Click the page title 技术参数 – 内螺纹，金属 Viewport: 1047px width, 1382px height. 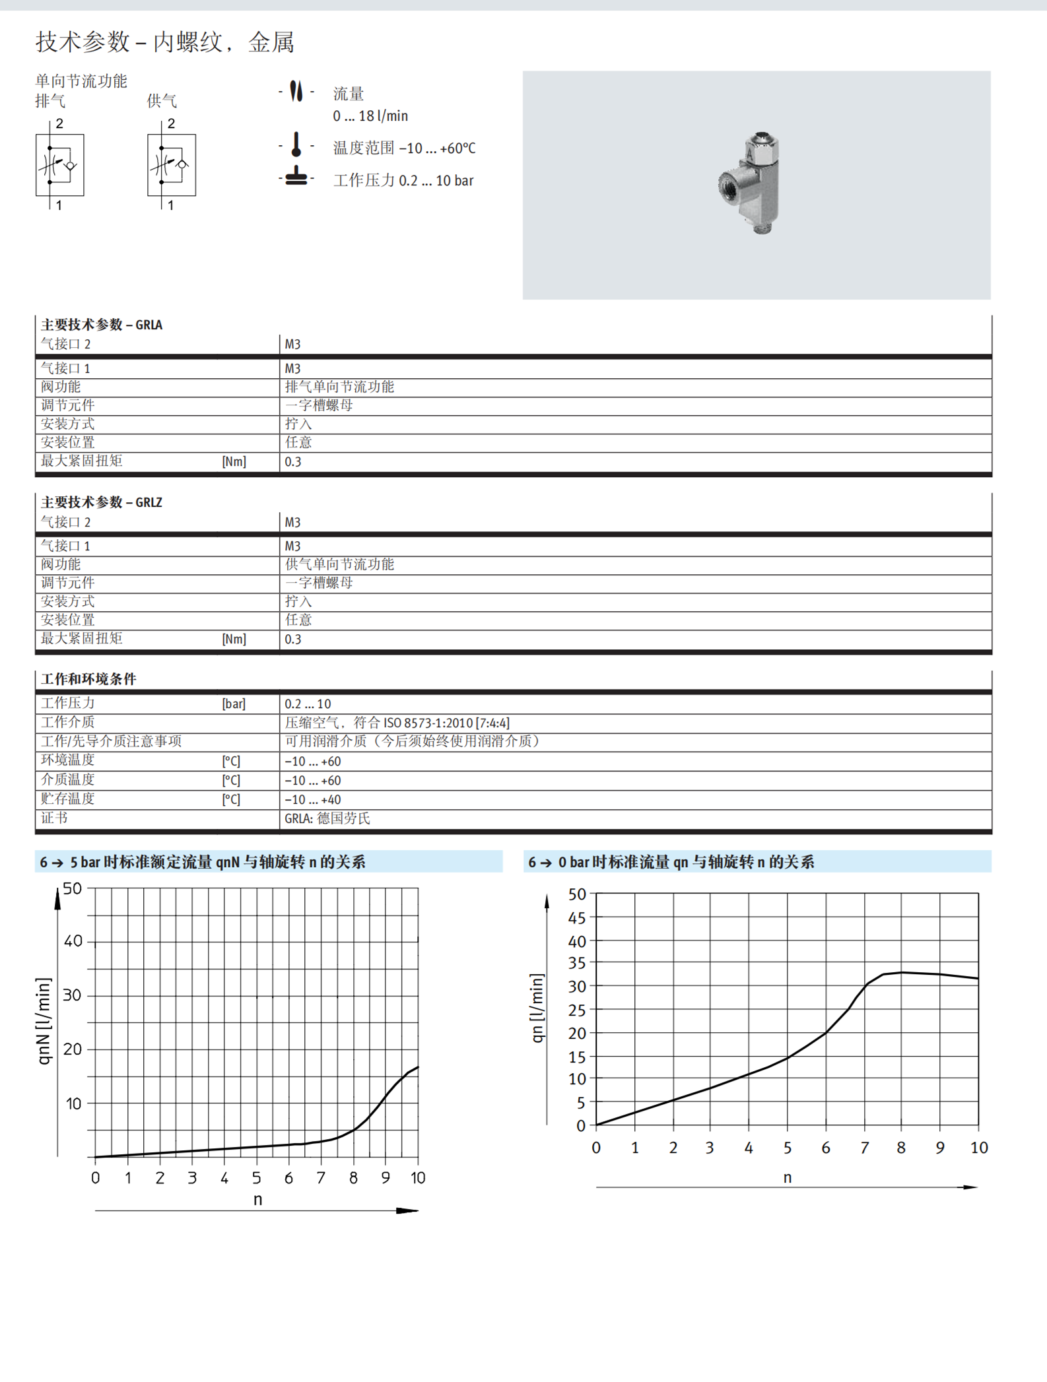pyautogui.click(x=165, y=42)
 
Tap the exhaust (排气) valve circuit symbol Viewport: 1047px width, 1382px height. pyautogui.click(x=59, y=165)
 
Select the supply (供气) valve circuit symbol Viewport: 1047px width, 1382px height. pyautogui.click(x=172, y=165)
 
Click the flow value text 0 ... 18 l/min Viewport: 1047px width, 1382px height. pyautogui.click(x=370, y=116)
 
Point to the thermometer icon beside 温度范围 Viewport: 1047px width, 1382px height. pyautogui.click(x=296, y=145)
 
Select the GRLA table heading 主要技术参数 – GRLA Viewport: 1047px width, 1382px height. pyautogui.click(x=102, y=325)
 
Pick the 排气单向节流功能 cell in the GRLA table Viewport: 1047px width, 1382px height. pyautogui.click(x=339, y=387)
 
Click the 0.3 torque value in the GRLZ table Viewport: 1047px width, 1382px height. pyautogui.click(x=292, y=640)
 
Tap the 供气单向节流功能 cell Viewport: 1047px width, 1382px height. pyautogui.click(x=339, y=564)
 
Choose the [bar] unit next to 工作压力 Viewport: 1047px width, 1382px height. pyautogui.click(x=234, y=704)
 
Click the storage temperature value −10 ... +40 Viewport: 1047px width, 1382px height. pyautogui.click(x=313, y=800)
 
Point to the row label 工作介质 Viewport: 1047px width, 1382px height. pyautogui.click(x=67, y=723)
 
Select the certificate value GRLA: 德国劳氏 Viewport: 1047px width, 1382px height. pyautogui.click(x=327, y=819)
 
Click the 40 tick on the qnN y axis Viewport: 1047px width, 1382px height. pyautogui.click(x=73, y=941)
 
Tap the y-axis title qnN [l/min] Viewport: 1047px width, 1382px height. pyautogui.click(x=44, y=1022)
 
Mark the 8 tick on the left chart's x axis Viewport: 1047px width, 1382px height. pyautogui.click(x=353, y=1178)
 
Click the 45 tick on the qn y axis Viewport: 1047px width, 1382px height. pyautogui.click(x=577, y=918)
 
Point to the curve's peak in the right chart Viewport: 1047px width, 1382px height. pyautogui.click(x=902, y=972)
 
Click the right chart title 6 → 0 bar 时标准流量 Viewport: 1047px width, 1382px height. pyautogui.click(x=671, y=862)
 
